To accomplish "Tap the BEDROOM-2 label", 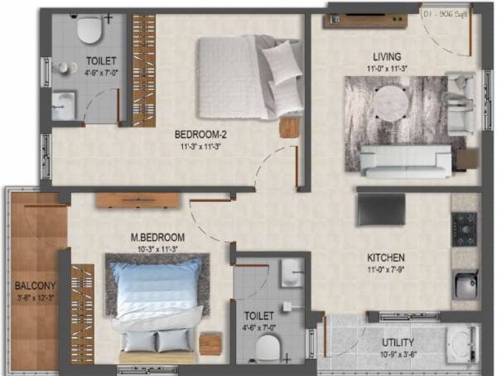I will [202, 136].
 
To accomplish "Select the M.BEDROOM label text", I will [157, 238].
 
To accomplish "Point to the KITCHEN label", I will [386, 258].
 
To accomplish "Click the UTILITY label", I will [398, 343].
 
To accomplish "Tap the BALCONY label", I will [35, 287].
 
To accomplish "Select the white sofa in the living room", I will [406, 160].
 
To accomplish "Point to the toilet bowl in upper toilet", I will [88, 31].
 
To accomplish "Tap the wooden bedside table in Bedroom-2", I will [288, 128].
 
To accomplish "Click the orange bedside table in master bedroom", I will [211, 342].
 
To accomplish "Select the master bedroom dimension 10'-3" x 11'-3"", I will [157, 247].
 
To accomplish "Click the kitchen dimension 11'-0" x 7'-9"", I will [386, 268].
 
